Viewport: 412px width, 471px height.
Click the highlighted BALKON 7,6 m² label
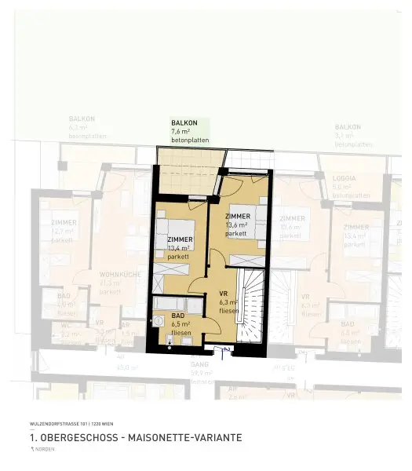pyautogui.click(x=184, y=131)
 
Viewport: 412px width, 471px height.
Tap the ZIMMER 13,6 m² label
pyautogui.click(x=238, y=225)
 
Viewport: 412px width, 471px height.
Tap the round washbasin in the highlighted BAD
pyautogui.click(x=159, y=322)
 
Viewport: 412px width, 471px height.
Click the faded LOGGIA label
pyautogui.click(x=343, y=178)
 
